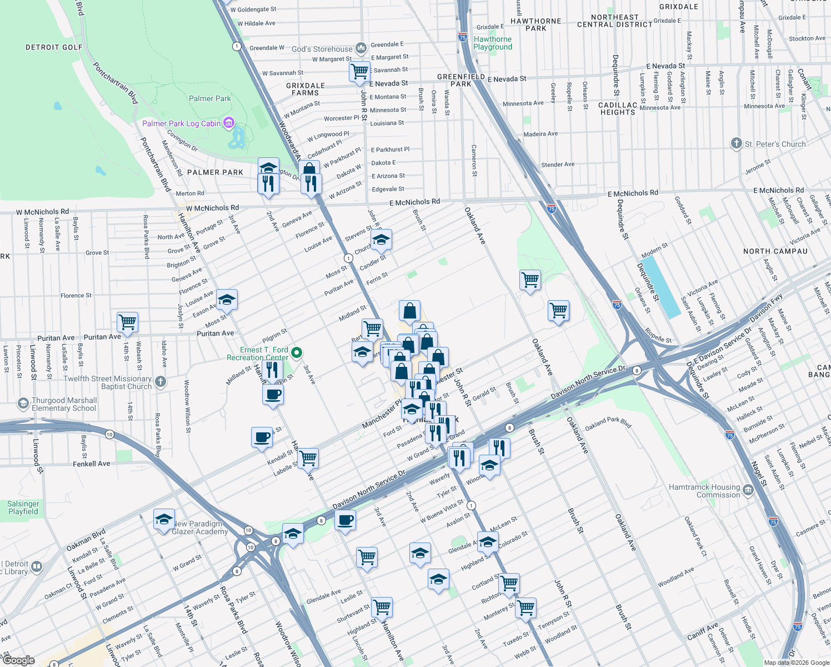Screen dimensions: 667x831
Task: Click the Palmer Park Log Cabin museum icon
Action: click(228, 123)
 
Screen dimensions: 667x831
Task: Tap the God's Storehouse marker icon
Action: click(361, 49)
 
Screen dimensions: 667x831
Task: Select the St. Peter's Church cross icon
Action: click(736, 144)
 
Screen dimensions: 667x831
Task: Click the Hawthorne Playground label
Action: click(493, 43)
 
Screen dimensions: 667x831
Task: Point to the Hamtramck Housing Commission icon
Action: click(748, 490)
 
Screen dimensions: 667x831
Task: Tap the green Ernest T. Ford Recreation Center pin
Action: click(297, 352)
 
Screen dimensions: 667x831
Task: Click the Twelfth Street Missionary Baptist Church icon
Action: click(161, 381)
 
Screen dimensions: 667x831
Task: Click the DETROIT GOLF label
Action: click(54, 47)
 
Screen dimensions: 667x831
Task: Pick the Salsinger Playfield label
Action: click(23, 507)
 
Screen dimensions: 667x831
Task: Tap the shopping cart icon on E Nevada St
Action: click(359, 71)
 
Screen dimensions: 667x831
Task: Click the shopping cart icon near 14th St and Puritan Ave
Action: click(127, 322)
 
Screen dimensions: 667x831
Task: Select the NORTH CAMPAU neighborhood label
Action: click(775, 251)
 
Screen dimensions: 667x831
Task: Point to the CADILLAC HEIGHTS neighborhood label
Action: click(617, 108)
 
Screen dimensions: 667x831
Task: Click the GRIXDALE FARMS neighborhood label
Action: click(305, 89)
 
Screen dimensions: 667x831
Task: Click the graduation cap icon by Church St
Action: click(381, 240)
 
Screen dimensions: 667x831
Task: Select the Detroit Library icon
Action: click(37, 567)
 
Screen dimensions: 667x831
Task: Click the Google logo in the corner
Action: click(19, 660)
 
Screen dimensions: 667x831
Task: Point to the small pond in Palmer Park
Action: click(237, 137)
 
